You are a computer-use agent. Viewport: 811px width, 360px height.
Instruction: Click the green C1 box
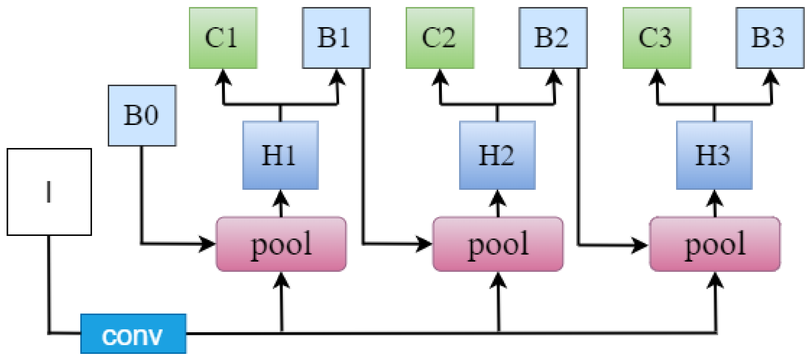223,38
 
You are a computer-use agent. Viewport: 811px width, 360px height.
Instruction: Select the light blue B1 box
336,38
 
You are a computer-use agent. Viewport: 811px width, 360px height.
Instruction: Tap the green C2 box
440,38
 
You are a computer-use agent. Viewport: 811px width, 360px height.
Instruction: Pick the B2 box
553,38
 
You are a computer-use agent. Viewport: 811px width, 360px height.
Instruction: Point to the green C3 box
657,38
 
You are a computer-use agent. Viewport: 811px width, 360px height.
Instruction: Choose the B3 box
770,38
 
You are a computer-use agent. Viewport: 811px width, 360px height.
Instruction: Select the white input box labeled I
49,192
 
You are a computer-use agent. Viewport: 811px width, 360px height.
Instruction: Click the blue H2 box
497,155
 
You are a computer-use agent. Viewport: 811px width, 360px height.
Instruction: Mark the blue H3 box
714,155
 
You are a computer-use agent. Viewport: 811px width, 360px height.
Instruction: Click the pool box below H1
281,244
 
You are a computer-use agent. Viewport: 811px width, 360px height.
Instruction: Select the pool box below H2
498,244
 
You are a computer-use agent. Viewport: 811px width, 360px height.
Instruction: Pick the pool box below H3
715,244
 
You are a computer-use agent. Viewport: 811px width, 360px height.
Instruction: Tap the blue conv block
133,333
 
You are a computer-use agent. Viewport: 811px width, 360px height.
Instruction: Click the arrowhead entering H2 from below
497,198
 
